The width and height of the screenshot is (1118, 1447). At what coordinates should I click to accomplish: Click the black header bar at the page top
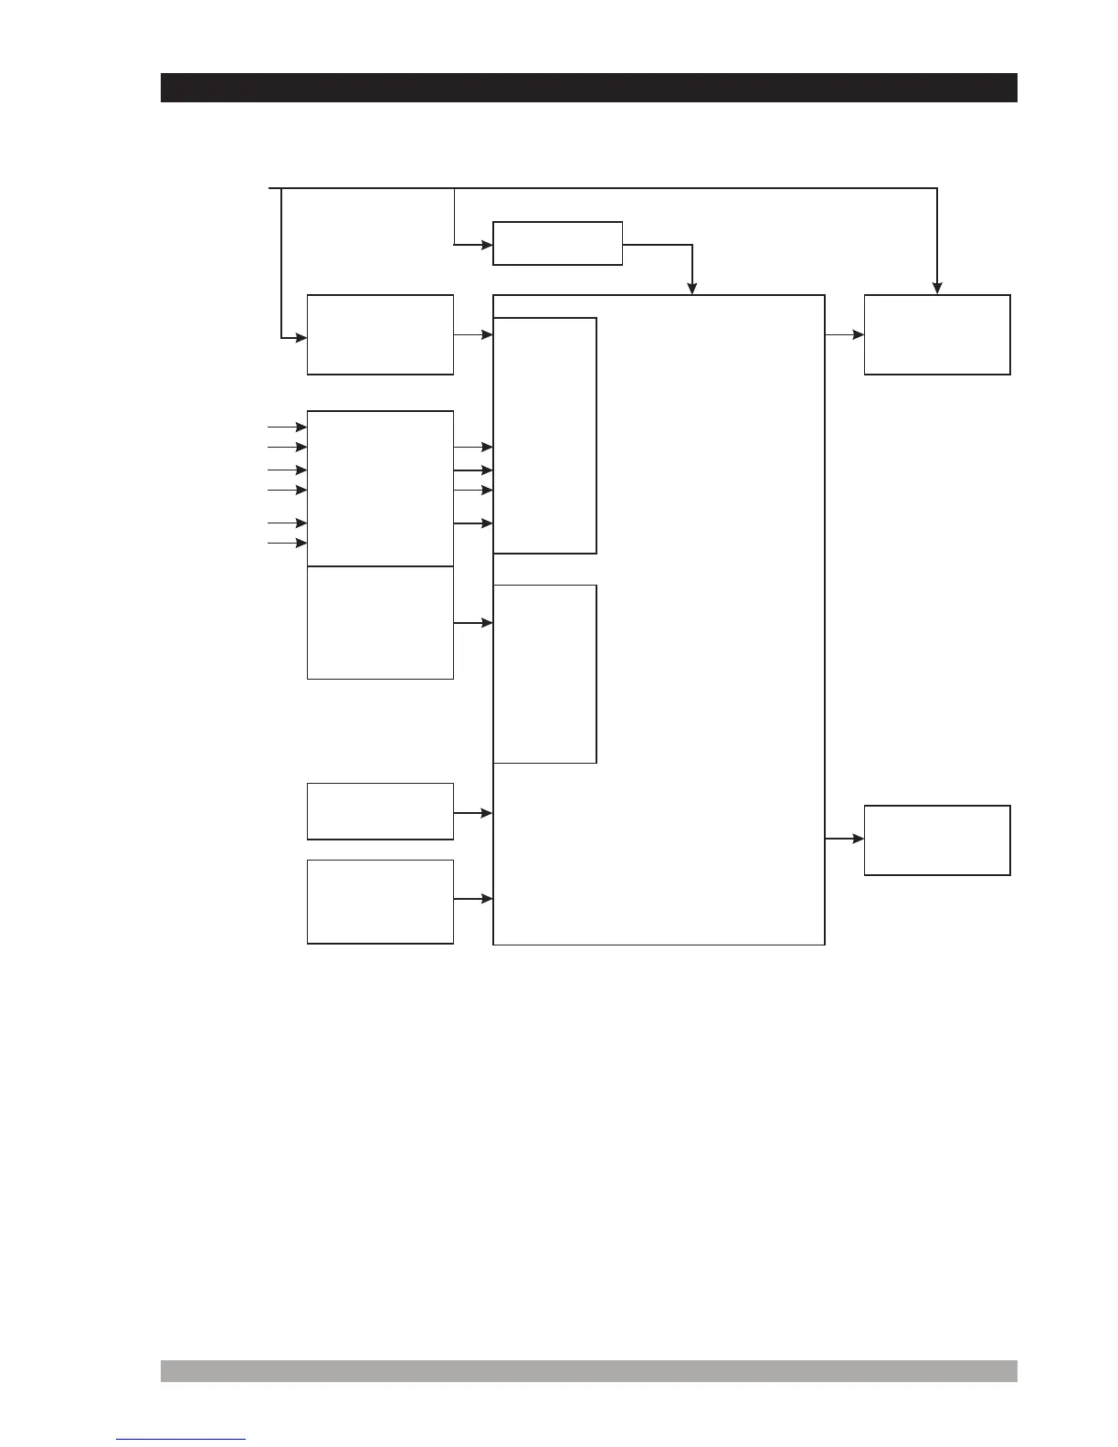pyautogui.click(x=588, y=88)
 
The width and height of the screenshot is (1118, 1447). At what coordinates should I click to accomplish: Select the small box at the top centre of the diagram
pyautogui.click(x=557, y=243)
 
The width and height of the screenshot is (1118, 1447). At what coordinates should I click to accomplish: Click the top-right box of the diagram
pyautogui.click(x=937, y=334)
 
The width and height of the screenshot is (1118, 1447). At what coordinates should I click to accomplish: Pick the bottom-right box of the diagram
pyautogui.click(x=937, y=840)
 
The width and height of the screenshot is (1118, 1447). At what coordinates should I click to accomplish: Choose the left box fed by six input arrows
pyautogui.click(x=380, y=489)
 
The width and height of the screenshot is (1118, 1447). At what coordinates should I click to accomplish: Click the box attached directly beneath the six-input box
pyautogui.click(x=380, y=622)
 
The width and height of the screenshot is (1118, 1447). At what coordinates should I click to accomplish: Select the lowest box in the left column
pyautogui.click(x=380, y=901)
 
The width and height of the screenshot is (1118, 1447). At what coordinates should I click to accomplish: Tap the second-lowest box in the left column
pyautogui.click(x=380, y=811)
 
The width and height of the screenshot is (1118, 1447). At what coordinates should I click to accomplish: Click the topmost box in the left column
pyautogui.click(x=380, y=334)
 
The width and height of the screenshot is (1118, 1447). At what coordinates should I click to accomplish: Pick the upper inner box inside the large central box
pyautogui.click(x=544, y=435)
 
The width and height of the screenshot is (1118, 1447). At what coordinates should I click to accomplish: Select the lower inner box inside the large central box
pyautogui.click(x=544, y=674)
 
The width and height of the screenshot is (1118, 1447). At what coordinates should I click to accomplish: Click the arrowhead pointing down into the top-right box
pyautogui.click(x=937, y=288)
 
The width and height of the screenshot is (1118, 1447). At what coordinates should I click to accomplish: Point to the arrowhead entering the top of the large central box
pyautogui.click(x=692, y=288)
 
